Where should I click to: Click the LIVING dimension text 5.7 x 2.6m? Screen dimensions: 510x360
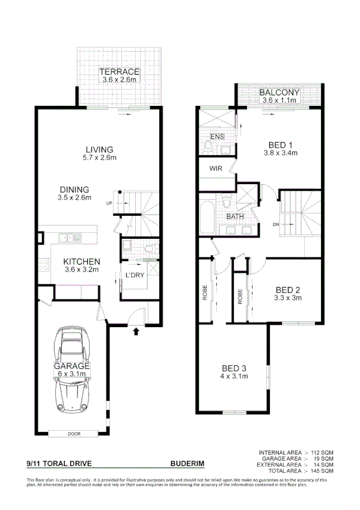99,158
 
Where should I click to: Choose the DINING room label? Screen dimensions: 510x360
75,189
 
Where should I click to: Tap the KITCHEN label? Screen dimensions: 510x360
82,262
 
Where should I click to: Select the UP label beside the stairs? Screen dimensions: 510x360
109,203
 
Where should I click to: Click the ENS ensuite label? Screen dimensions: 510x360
217,137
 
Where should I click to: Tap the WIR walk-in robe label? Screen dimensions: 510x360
216,169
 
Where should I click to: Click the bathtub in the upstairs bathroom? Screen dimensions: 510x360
206,218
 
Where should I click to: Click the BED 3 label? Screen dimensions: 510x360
234,368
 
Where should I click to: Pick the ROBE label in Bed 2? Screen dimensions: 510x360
240,298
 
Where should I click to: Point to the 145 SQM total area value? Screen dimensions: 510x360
320,470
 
